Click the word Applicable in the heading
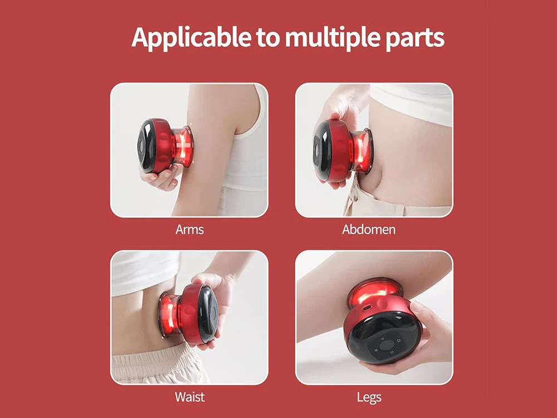[191, 37]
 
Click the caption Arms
[190, 230]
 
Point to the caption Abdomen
[369, 230]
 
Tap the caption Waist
[190, 397]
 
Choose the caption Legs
[369, 397]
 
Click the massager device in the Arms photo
[165, 145]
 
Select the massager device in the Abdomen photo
[343, 150]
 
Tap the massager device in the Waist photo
[188, 313]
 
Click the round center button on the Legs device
[385, 345]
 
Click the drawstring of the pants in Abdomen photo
[350, 199]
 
